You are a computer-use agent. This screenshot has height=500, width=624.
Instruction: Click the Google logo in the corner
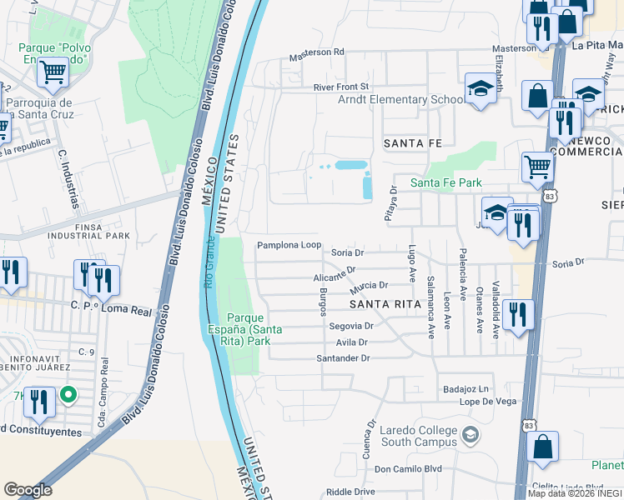pos(28,490)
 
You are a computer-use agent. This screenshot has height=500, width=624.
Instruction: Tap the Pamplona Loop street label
pos(289,245)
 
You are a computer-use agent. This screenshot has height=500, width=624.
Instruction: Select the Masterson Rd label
pos(316,52)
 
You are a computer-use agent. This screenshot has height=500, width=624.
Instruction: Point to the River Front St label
pos(340,87)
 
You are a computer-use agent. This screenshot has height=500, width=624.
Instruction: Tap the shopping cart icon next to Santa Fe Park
pos(538,167)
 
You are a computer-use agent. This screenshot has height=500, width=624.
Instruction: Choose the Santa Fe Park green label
pos(445,182)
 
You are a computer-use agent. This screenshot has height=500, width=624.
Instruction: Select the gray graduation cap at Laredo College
pos(471,434)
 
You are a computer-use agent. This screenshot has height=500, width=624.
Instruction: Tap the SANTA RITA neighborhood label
pos(381,304)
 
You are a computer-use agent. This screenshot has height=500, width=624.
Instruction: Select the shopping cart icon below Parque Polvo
pos(53,72)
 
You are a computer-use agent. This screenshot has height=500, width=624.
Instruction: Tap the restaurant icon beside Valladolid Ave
pos(519,316)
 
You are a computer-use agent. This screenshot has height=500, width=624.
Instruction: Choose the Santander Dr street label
pos(342,357)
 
